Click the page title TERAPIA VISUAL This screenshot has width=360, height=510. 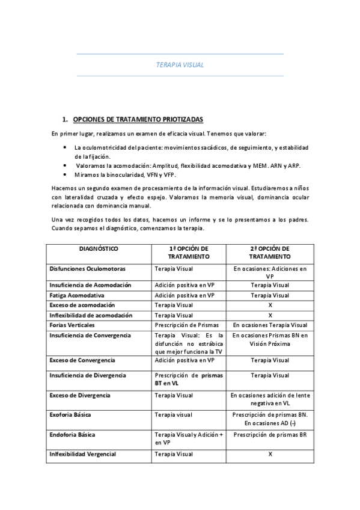(x=180, y=64)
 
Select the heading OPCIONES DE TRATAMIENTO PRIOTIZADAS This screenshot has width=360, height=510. (x=138, y=119)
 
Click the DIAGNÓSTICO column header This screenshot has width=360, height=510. (x=99, y=248)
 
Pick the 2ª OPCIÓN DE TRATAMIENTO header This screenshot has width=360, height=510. (x=270, y=252)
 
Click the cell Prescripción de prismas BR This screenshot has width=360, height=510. (x=270, y=434)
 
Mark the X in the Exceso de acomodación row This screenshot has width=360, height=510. (x=270, y=306)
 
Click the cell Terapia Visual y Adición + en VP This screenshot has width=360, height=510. (x=188, y=438)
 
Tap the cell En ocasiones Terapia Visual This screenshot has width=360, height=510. (x=270, y=325)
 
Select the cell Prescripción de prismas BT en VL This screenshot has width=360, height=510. (x=188, y=379)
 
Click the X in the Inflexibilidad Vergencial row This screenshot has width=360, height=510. (x=270, y=454)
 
